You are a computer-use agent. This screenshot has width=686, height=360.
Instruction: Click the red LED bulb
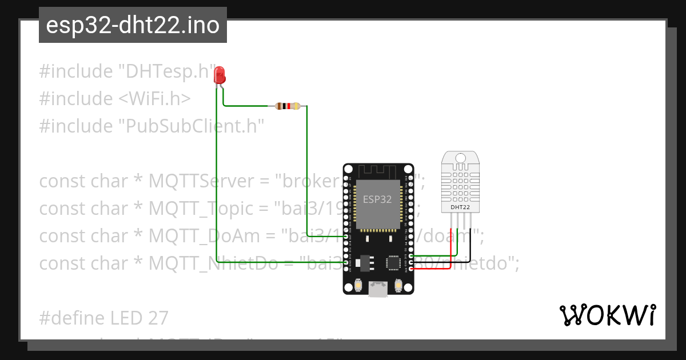coord(219,75)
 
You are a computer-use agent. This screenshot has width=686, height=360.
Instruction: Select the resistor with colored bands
coord(288,106)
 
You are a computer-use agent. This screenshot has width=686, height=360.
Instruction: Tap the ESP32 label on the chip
coord(377,199)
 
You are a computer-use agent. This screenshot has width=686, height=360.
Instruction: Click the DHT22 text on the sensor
coord(460,207)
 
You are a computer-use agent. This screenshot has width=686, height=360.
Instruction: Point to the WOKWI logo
coord(607,315)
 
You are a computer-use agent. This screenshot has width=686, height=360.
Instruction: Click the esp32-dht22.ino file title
coord(133,25)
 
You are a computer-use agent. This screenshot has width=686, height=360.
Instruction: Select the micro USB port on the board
coord(378,289)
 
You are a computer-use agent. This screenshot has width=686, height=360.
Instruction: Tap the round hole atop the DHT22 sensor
coord(460,158)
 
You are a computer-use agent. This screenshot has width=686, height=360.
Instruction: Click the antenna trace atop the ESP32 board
coord(378,171)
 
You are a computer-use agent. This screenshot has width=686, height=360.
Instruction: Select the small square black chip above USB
coord(394,262)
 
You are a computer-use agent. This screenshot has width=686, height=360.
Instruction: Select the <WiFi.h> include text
coord(154,99)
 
